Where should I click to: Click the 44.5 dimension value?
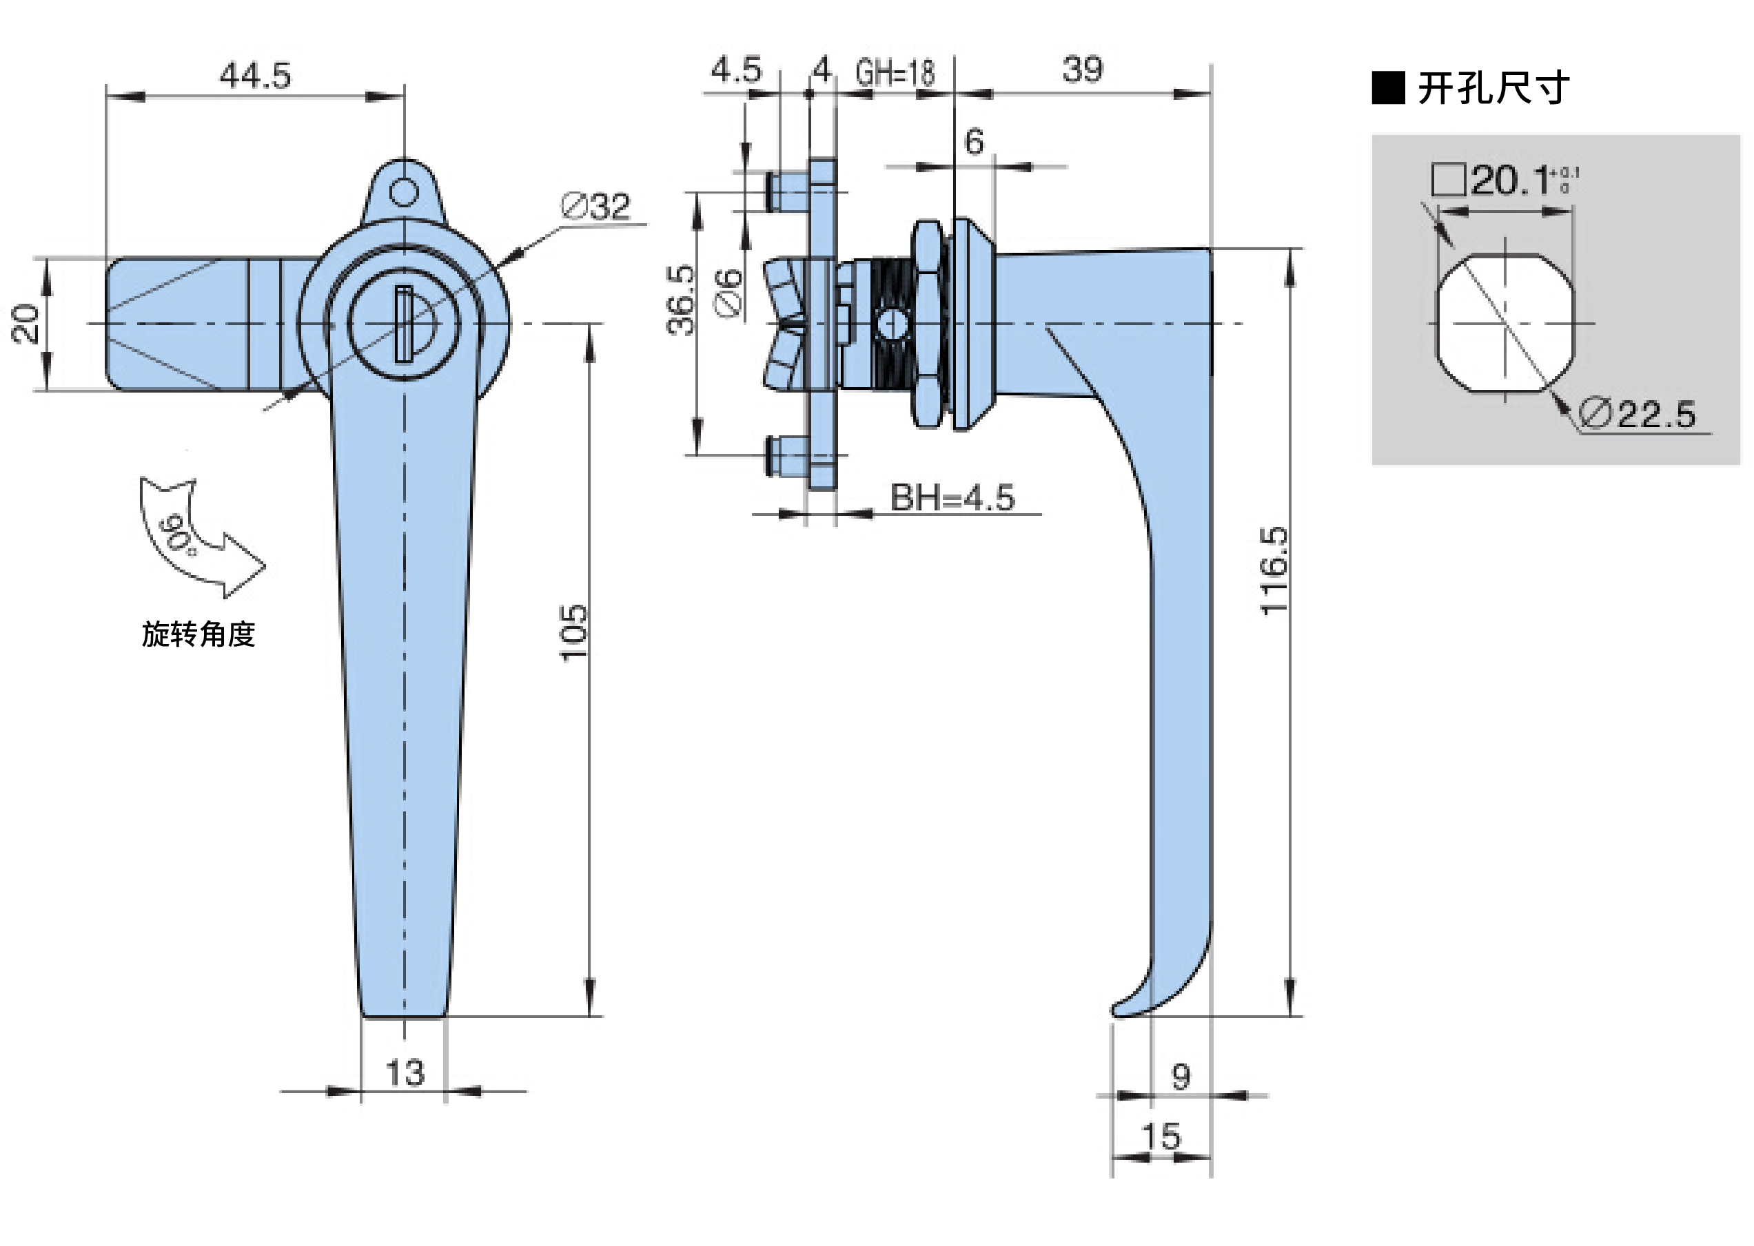pos(255,76)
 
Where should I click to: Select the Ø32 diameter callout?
pos(595,207)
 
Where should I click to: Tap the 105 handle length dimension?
pos(573,632)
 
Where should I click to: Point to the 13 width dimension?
pos(405,1072)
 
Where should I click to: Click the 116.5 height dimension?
pos(1274,570)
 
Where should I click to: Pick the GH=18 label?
pos(895,73)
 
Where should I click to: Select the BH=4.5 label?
pos(952,498)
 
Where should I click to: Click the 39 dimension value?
pos(1082,70)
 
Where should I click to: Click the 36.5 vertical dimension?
pos(681,300)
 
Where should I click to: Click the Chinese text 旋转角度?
pos(198,634)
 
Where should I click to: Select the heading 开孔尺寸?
pos(1493,88)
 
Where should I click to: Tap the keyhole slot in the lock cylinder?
pos(404,324)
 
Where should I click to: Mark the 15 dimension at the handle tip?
pos(1160,1136)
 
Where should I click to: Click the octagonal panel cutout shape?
pos(1505,324)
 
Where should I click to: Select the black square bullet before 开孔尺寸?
pos(1388,88)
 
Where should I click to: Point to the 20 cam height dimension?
pos(26,323)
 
